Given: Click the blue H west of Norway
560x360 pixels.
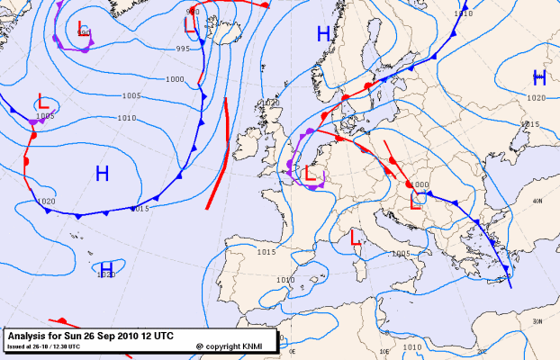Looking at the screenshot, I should [x=323, y=35].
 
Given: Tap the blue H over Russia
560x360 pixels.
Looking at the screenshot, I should [x=539, y=77].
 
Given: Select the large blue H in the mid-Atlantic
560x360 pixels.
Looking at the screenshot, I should [x=103, y=173].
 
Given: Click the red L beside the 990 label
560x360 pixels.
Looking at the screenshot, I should [x=82, y=27].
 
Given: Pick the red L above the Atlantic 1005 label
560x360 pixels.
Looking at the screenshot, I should [x=42, y=100].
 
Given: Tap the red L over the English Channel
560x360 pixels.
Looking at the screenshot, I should [x=311, y=172].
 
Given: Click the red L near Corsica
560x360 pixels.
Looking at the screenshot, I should [x=356, y=239].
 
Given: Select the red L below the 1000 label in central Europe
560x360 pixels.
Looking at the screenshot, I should [x=417, y=202].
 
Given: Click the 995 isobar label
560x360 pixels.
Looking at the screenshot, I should [x=183, y=49].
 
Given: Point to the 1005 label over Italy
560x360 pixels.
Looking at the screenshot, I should [x=401, y=254].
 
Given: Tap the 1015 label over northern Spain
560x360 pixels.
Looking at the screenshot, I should [x=266, y=251].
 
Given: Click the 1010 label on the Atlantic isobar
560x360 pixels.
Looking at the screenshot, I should [x=126, y=118].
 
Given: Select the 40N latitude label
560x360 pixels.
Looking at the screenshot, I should [x=537, y=202].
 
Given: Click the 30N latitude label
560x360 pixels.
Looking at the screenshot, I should [x=537, y=320].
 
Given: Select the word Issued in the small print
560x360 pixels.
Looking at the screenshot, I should [x=17, y=346].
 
